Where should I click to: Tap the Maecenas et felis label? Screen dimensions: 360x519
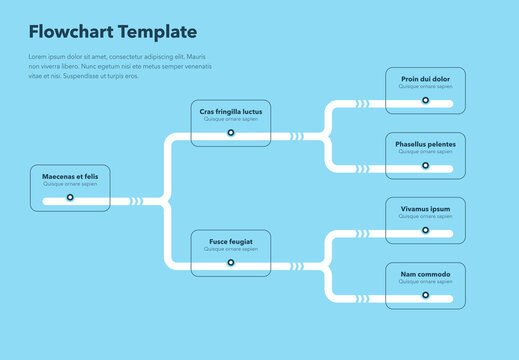click(x=70, y=177)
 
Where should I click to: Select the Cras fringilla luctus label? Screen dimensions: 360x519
click(x=230, y=112)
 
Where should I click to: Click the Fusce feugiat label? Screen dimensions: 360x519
click(x=230, y=242)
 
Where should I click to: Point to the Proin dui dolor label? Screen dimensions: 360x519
click(x=425, y=79)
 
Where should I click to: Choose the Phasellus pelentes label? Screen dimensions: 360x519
click(x=425, y=145)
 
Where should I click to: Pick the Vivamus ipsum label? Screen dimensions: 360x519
click(x=425, y=209)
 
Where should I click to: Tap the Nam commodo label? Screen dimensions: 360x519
click(x=425, y=275)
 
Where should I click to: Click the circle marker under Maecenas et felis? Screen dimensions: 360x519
click(x=70, y=198)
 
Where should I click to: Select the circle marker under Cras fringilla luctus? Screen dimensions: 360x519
click(x=230, y=132)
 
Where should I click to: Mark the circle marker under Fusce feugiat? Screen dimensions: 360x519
click(x=230, y=263)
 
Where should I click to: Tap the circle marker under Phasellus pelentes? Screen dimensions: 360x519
click(x=425, y=165)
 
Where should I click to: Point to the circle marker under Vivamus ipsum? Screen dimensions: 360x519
click(x=425, y=230)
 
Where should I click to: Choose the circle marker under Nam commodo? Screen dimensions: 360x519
click(x=425, y=296)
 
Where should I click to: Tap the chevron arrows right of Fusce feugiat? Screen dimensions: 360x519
click(x=297, y=266)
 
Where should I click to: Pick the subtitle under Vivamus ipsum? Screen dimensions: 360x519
click(x=425, y=217)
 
